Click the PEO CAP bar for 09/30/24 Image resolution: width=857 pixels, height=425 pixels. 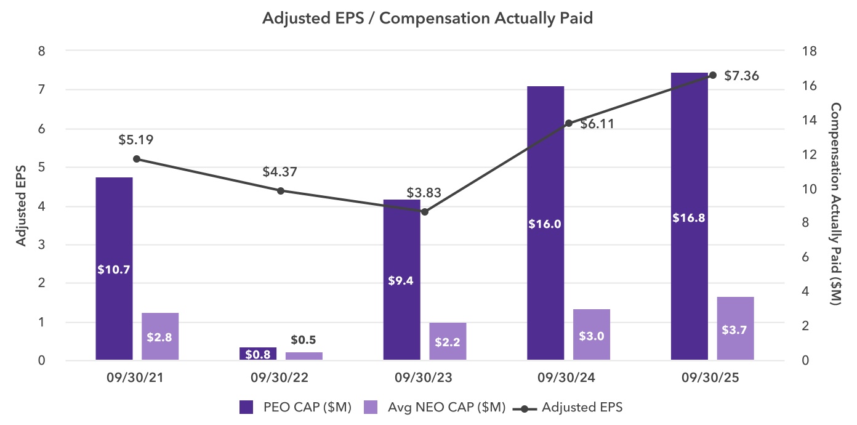pyautogui.click(x=545, y=185)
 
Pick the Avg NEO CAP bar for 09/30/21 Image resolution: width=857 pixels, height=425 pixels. pyautogui.click(x=160, y=336)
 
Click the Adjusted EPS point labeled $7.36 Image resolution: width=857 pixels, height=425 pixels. pyautogui.click(x=713, y=75)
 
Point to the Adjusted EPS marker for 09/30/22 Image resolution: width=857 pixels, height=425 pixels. pyautogui.click(x=281, y=191)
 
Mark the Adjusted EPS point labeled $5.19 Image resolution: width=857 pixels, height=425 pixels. pyautogui.click(x=137, y=159)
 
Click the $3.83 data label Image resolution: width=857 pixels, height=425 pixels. pyautogui.click(x=424, y=192)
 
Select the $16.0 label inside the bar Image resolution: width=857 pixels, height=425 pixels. pyautogui.click(x=545, y=224)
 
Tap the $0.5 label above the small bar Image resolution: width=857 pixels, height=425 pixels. pyautogui.click(x=303, y=340)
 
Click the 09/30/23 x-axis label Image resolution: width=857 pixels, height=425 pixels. pyautogui.click(x=424, y=377)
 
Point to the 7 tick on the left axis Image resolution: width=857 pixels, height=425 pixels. pyautogui.click(x=42, y=90)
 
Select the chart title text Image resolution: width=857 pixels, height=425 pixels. pyautogui.click(x=427, y=18)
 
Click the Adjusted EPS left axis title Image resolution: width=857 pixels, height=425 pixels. pyautogui.click(x=21, y=206)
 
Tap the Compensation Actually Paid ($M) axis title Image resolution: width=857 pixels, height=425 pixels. pyautogui.click(x=836, y=204)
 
